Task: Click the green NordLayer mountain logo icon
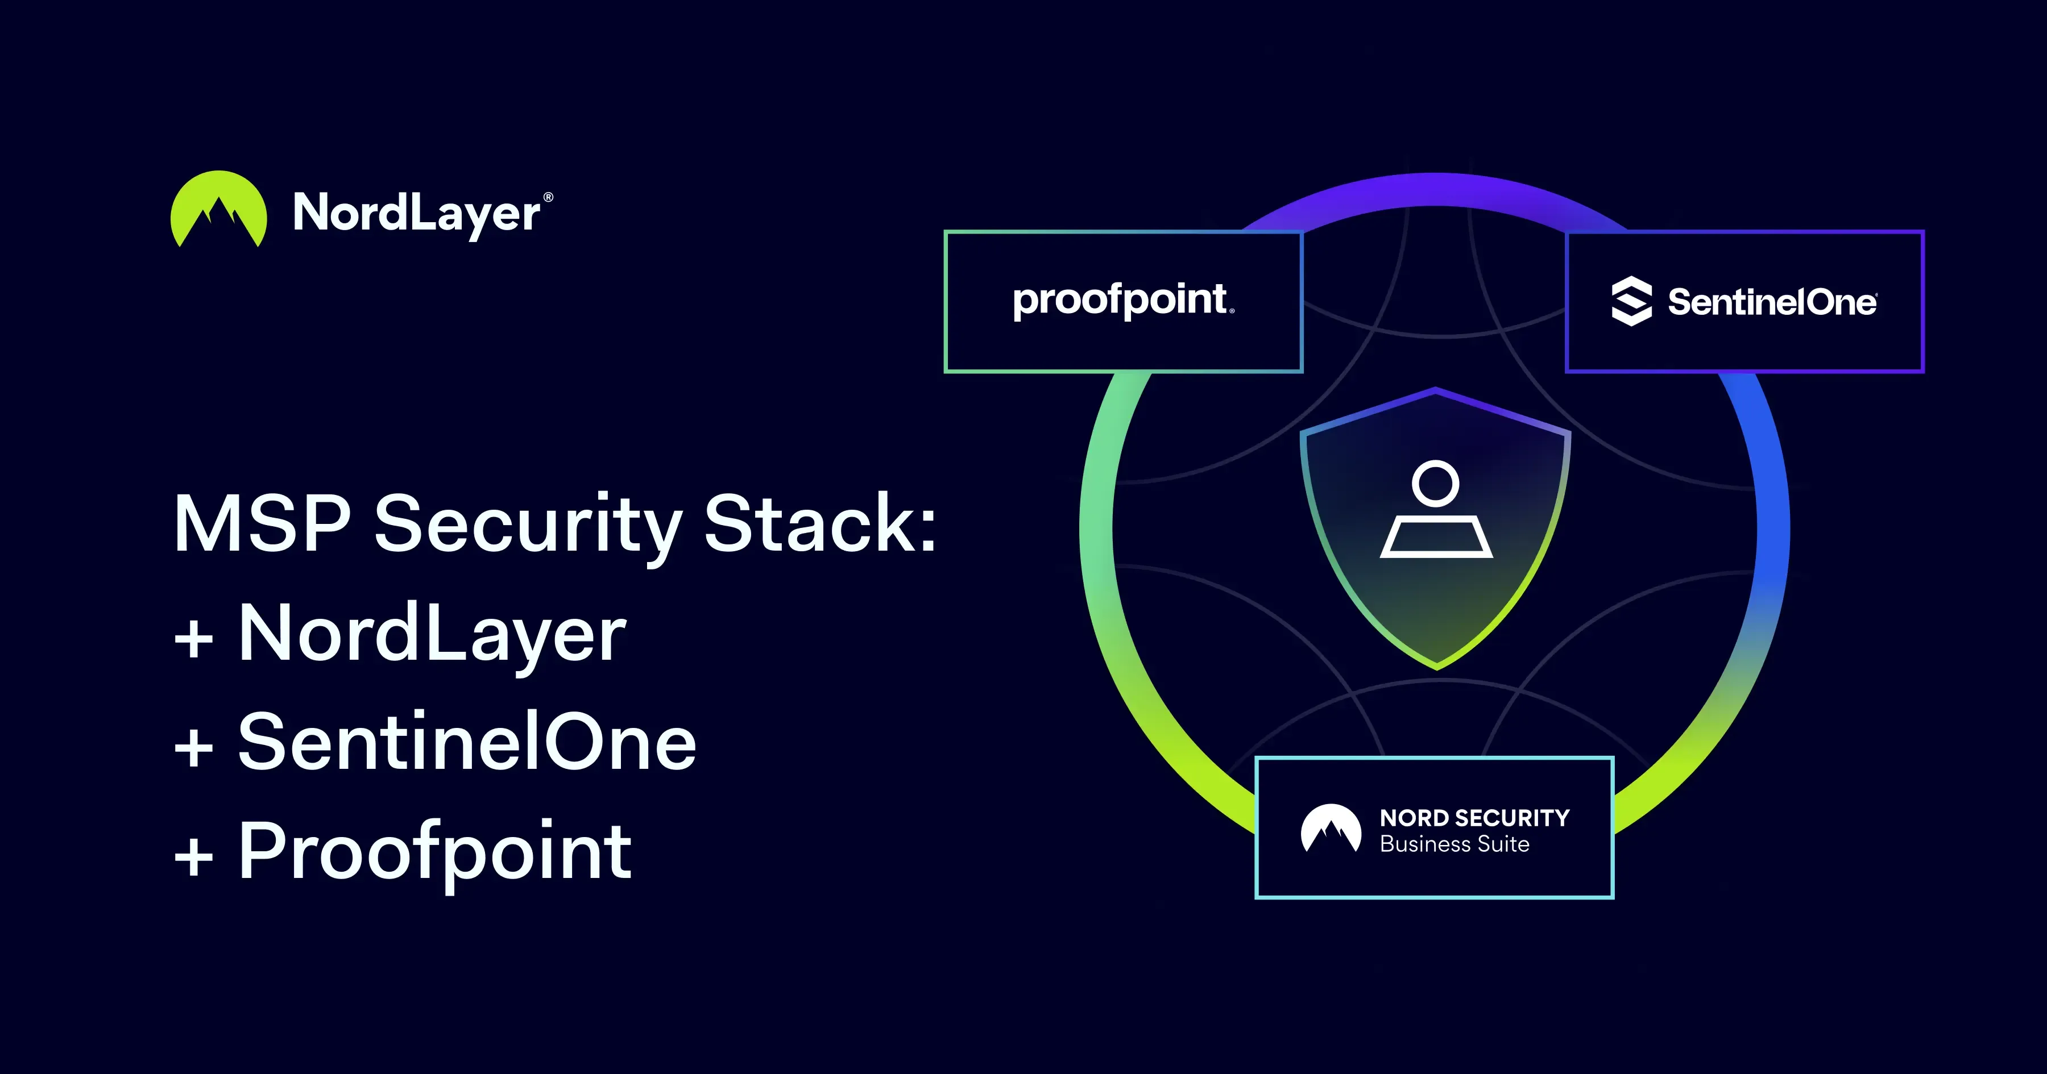218,209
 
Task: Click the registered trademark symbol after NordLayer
548,197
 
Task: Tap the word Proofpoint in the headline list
436,854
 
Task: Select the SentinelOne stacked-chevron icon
1631,301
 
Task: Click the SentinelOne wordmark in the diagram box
1772,302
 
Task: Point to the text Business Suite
1454,844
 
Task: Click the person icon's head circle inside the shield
1436,483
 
